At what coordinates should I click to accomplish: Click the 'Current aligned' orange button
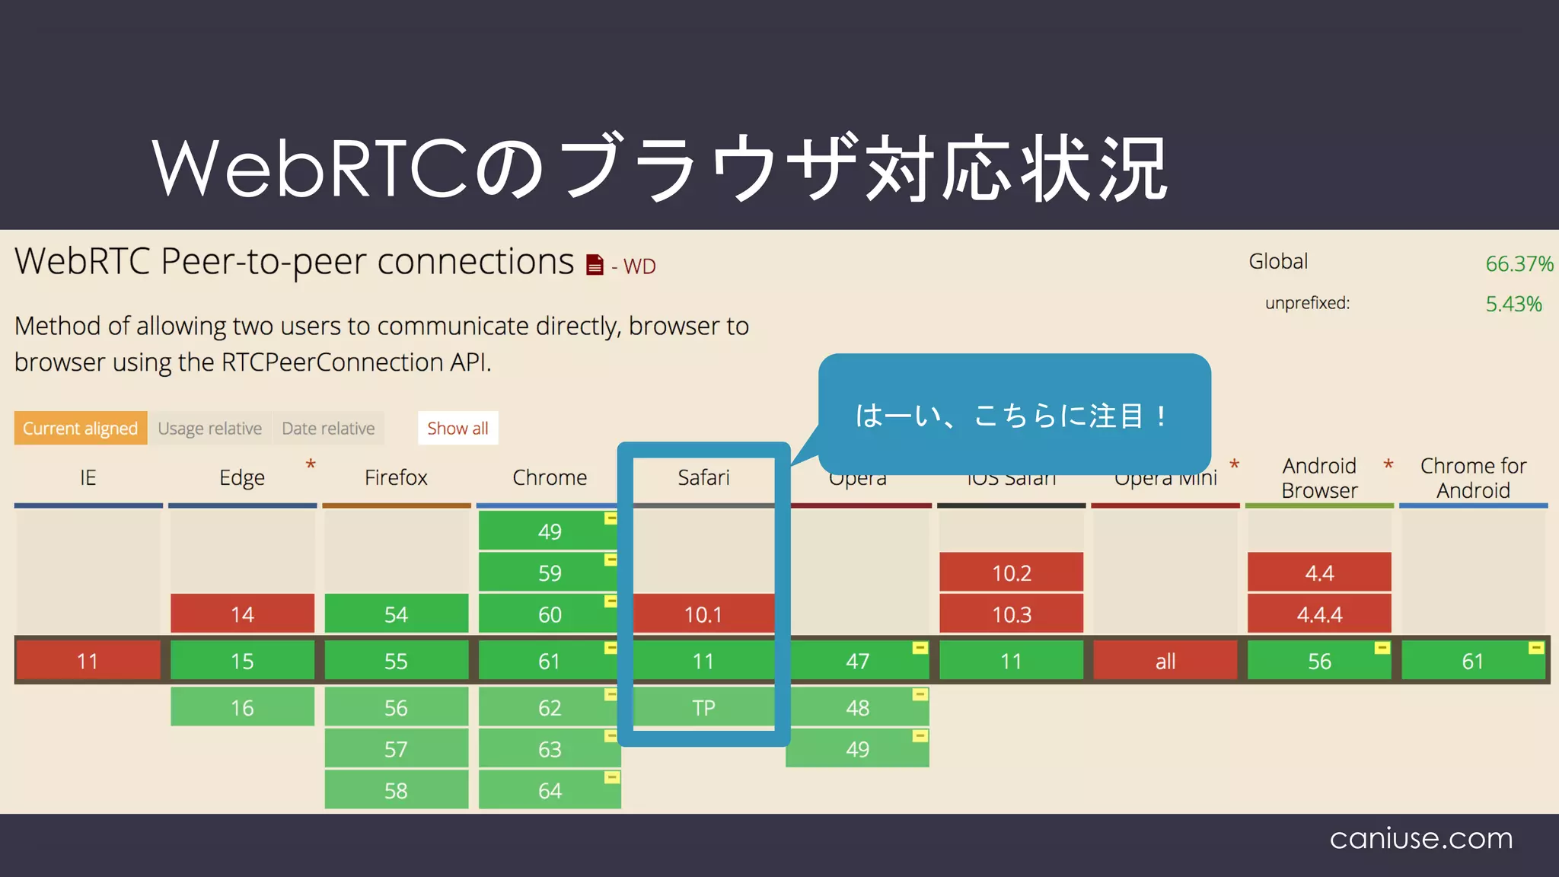point(80,429)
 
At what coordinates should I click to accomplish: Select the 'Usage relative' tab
point(209,429)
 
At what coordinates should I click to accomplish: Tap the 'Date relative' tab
point(328,429)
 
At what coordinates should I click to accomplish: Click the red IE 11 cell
point(88,661)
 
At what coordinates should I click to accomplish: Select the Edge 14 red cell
point(242,614)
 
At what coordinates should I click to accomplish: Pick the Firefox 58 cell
point(396,790)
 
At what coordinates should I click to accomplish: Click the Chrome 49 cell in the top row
point(549,531)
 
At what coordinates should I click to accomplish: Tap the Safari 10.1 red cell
point(703,614)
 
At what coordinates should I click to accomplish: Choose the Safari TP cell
point(703,708)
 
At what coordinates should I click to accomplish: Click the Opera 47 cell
point(857,661)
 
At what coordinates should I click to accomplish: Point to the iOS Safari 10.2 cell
point(1011,572)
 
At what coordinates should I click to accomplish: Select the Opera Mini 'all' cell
point(1165,661)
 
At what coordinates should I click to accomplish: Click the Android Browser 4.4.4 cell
point(1319,614)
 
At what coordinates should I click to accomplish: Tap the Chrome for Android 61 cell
point(1473,661)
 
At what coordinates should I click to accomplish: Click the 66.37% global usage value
point(1519,264)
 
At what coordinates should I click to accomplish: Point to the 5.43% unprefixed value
point(1513,304)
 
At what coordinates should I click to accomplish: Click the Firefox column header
point(396,477)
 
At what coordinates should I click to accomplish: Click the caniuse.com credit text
point(1420,838)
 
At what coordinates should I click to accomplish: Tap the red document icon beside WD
point(595,265)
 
